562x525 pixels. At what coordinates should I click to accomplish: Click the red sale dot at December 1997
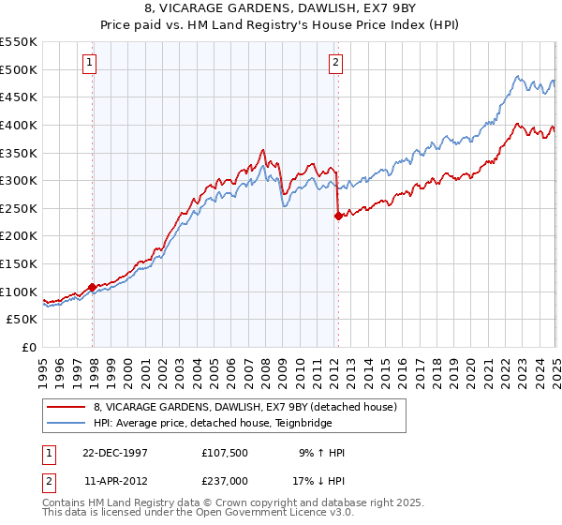tap(93, 287)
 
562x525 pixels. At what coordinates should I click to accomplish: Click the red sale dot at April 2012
tap(337, 215)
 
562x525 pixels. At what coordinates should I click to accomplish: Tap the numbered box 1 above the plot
tap(90, 63)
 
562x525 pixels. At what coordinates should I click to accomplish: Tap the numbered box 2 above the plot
tap(335, 63)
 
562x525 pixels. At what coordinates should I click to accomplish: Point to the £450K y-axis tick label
tap(19, 97)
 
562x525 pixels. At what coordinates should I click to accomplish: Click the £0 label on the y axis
tap(28, 347)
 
